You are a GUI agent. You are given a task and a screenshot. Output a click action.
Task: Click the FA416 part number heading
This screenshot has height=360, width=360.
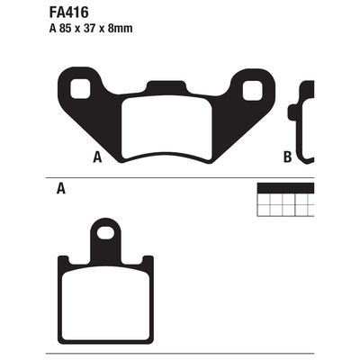[x=68, y=13]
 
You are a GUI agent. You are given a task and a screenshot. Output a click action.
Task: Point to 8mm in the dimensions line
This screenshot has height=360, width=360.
[x=121, y=29]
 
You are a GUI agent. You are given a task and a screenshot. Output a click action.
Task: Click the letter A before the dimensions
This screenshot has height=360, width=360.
[x=53, y=29]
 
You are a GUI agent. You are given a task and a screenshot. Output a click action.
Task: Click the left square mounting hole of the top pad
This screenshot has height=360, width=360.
[x=80, y=89]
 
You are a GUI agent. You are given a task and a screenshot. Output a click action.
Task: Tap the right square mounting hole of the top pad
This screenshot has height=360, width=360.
[x=253, y=91]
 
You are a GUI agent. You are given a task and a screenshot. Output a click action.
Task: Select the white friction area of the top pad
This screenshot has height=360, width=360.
[x=166, y=127]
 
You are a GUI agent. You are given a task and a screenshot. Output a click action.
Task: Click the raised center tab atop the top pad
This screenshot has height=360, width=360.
[x=166, y=85]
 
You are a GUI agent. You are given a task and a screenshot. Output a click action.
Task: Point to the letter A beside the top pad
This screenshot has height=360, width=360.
[x=97, y=157]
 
